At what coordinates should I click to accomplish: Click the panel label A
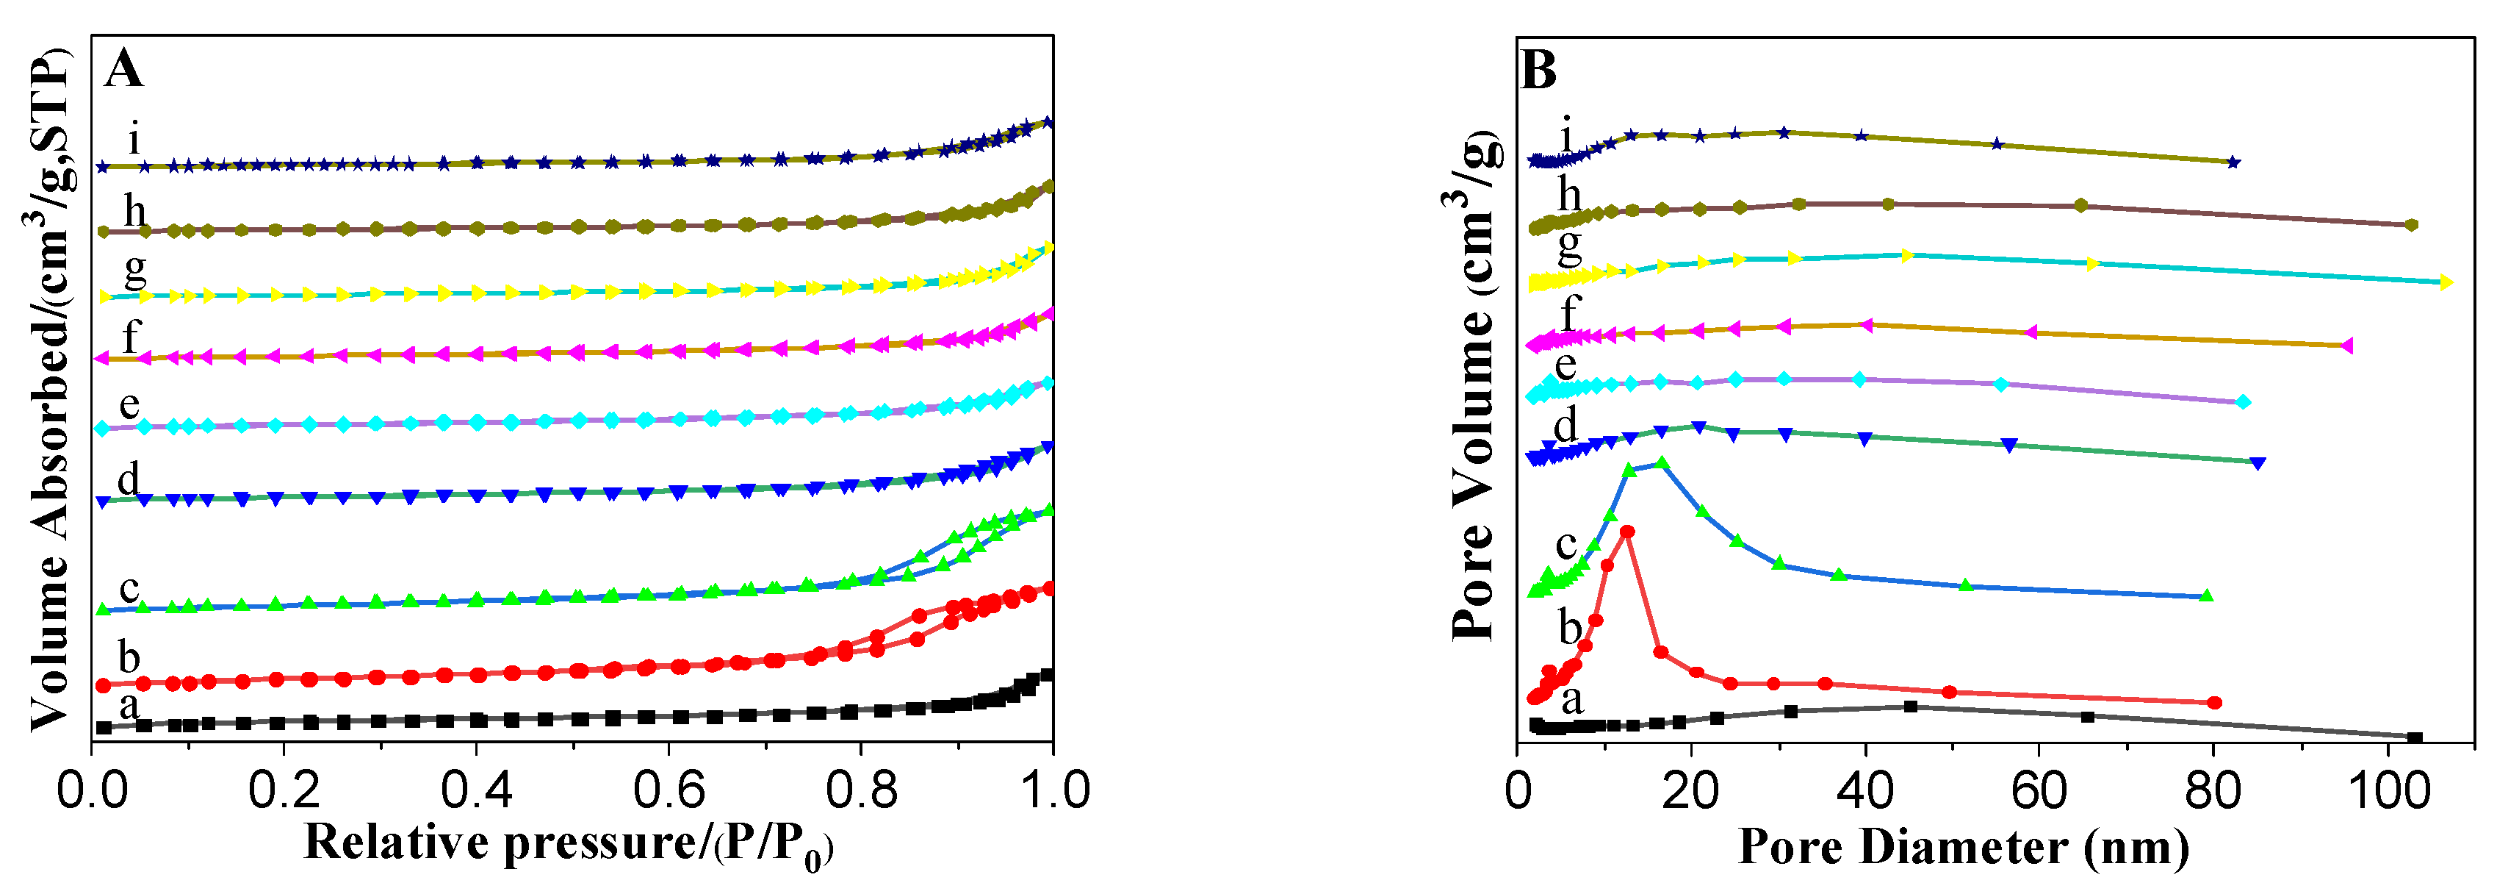tap(123, 70)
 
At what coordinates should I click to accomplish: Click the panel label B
tap(1538, 71)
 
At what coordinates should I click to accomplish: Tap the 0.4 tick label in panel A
tap(476, 790)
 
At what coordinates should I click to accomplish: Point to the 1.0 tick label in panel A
tap(1055, 790)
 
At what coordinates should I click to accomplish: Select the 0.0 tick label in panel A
tap(92, 790)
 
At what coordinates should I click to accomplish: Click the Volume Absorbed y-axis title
tap(48, 388)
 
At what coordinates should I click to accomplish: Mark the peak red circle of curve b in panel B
tap(1627, 532)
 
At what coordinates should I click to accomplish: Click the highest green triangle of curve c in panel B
tap(1662, 462)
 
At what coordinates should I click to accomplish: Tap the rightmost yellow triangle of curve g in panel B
tap(2446, 282)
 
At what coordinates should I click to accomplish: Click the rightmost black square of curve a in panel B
tap(2415, 738)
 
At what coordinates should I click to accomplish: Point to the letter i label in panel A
tap(134, 139)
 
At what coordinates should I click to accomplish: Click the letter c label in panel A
tap(129, 587)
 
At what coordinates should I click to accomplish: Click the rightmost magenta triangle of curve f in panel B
tap(2346, 346)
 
